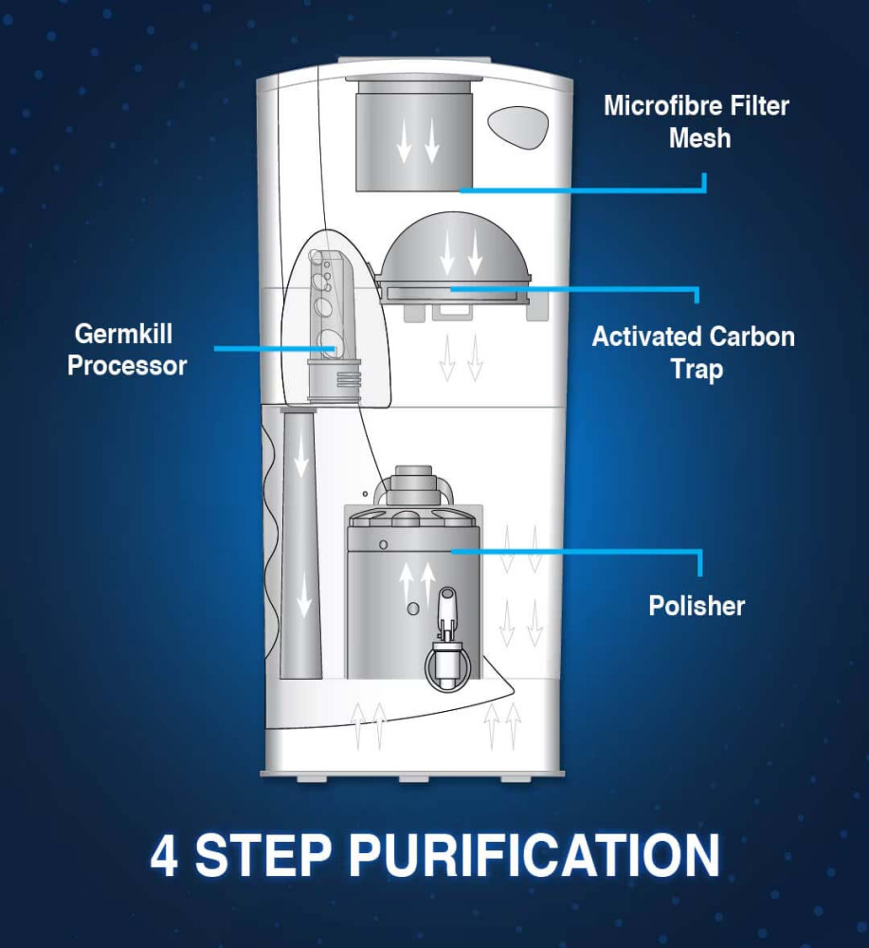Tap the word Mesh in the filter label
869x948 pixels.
click(699, 138)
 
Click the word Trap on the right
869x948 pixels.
click(697, 370)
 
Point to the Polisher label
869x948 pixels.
click(697, 606)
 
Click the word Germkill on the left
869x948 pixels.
click(123, 334)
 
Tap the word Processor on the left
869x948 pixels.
click(127, 366)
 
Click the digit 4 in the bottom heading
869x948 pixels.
click(164, 855)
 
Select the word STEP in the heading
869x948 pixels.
click(263, 855)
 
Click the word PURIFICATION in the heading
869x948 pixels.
click(534, 855)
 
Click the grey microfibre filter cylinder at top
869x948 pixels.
click(413, 135)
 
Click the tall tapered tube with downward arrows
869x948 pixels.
click(301, 542)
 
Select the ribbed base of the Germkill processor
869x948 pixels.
click(335, 380)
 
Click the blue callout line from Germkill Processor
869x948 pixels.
click(275, 349)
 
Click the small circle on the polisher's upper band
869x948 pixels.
click(383, 545)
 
